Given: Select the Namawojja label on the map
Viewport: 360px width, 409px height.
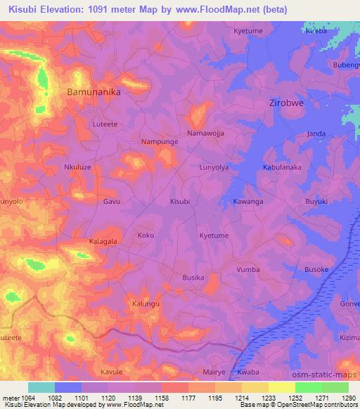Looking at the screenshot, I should coord(205,133).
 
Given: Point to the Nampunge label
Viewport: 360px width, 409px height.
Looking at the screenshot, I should coord(160,141).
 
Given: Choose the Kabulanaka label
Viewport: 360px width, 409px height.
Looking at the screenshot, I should coord(282,167).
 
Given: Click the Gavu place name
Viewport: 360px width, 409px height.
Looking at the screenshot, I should coord(112,202).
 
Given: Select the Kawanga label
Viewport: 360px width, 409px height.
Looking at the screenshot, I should coord(248,202).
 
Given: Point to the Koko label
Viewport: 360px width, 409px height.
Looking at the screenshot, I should coord(146,235).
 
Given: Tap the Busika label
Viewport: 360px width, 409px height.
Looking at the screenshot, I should coord(193,278).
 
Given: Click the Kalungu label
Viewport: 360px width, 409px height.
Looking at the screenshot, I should coord(146,304).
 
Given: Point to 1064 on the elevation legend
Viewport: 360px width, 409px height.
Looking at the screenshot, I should coord(28,398).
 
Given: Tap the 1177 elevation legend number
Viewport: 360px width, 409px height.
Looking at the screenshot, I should coord(188,398).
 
